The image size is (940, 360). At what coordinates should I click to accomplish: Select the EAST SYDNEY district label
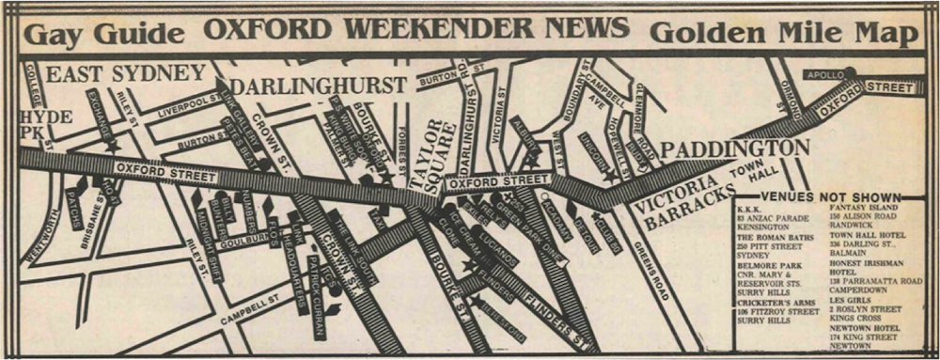(126, 73)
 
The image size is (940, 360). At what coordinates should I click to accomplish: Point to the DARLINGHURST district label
(319, 86)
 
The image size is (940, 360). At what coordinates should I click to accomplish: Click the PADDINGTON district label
(734, 148)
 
